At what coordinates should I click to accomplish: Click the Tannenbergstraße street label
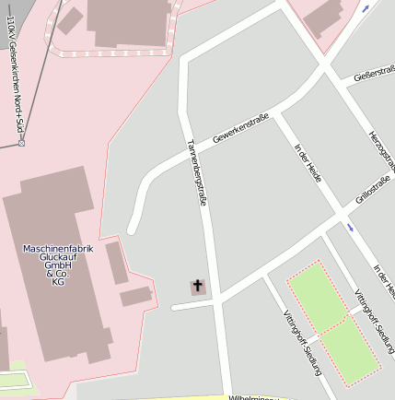coord(195,171)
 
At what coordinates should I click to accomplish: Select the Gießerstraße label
coord(374,73)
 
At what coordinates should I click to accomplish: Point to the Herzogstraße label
coord(381,148)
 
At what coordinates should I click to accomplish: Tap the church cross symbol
coord(198,287)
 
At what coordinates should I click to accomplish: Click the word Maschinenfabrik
coord(58,249)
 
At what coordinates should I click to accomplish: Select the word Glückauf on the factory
coord(58,257)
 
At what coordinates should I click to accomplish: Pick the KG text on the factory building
coord(58,282)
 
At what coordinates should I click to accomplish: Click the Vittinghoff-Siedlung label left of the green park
coord(303,339)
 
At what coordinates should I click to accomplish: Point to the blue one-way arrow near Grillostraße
coord(350,226)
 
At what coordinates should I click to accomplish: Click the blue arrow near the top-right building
coord(366,8)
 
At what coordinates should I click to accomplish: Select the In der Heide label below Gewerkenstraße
coord(307,162)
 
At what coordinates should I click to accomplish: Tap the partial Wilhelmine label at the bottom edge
coord(253,397)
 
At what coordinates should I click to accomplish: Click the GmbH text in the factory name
coord(58,265)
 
